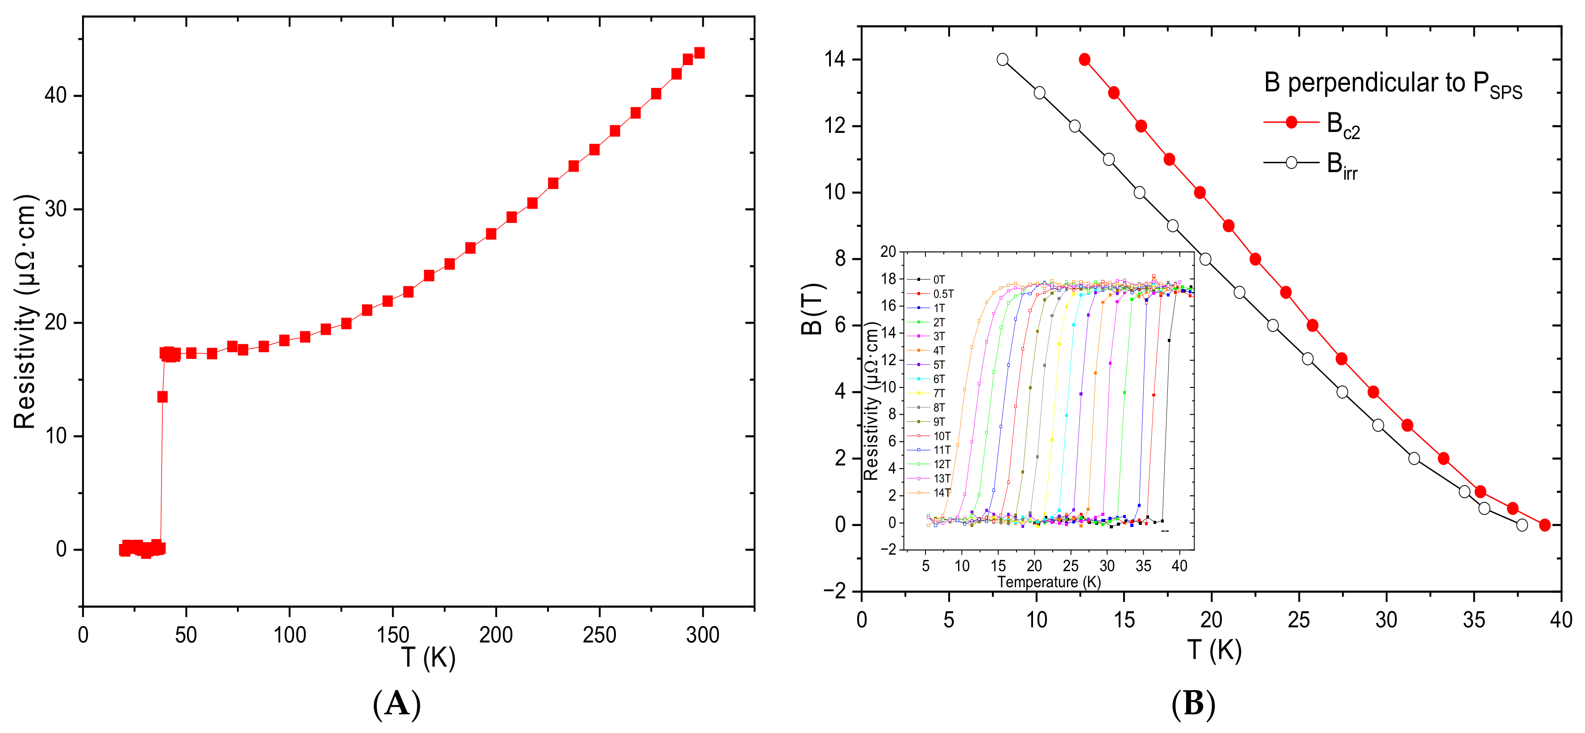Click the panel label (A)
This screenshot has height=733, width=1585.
[x=397, y=704]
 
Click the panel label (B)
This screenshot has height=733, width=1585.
[x=1193, y=704]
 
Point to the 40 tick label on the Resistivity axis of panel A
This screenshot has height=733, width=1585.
[x=55, y=95]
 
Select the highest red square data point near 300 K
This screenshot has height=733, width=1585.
[x=699, y=53]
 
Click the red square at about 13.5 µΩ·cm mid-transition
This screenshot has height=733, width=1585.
[x=162, y=397]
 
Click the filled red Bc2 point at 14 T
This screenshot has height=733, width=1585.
[x=1084, y=60]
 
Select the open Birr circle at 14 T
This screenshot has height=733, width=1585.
[x=1002, y=60]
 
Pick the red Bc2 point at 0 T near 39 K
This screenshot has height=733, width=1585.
[x=1544, y=525]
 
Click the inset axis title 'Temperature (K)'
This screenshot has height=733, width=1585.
[x=1049, y=582]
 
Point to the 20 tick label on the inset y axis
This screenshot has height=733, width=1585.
[x=888, y=251]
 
